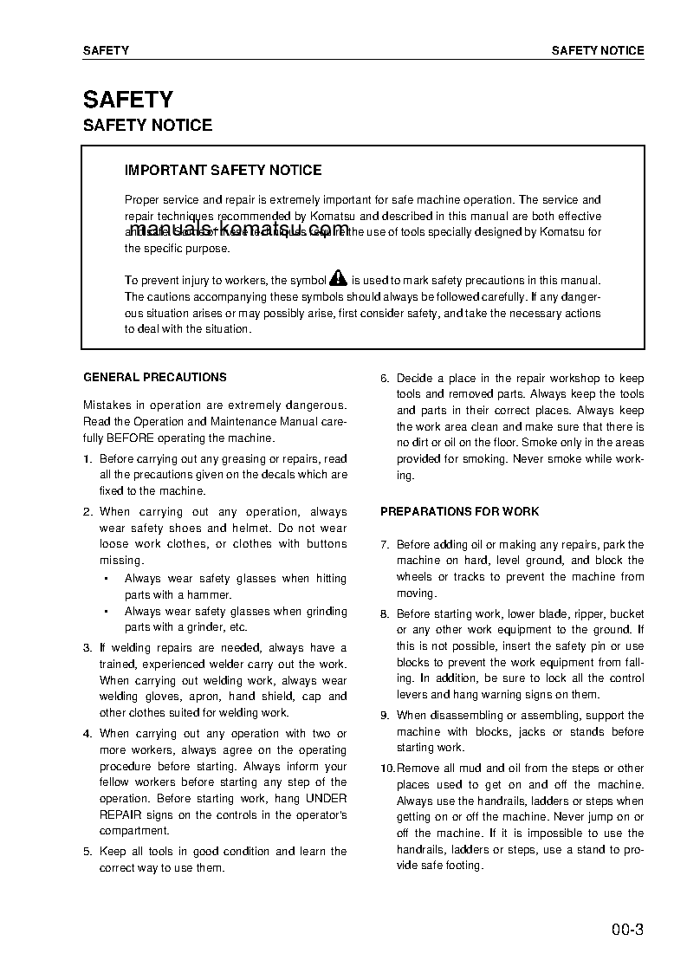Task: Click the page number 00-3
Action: pos(626,931)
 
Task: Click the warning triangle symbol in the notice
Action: pos(339,279)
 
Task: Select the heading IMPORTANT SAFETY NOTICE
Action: pos(223,171)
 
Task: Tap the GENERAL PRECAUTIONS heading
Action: pos(155,378)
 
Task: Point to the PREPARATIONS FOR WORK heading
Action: pos(459,512)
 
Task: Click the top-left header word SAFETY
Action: pos(106,51)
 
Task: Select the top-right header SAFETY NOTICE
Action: pos(598,51)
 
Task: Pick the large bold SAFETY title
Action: pos(128,100)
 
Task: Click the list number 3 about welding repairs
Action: pos(87,648)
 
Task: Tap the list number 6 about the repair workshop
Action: pos(385,379)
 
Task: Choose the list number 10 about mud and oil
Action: pos(386,769)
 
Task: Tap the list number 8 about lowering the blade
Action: pos(385,614)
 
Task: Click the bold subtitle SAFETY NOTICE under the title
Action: pos(147,126)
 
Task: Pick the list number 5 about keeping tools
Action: pos(87,852)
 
